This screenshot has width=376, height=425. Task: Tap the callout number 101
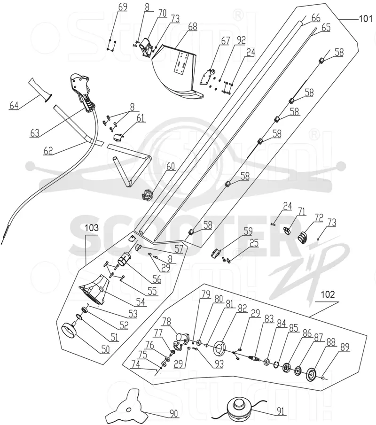pos(366,18)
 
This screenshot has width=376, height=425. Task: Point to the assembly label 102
pos(328,294)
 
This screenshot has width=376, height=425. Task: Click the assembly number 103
pos(92,228)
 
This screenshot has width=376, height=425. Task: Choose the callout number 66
pos(316,18)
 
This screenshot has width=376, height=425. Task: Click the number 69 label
pos(123,7)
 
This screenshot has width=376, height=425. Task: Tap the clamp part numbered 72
pos(303,237)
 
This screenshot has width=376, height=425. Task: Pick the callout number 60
pos(170,167)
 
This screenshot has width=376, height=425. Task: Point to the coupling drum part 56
pos(124,259)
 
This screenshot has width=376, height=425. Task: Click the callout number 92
pos(241,40)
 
